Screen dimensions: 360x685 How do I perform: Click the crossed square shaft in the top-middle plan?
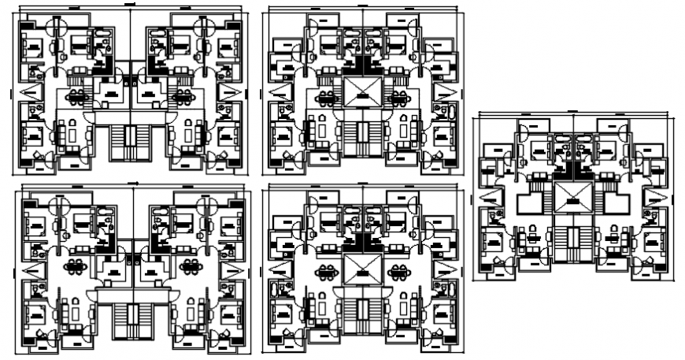pyautogui.click(x=362, y=91)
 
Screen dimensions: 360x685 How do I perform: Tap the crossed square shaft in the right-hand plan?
pyautogui.click(x=574, y=198)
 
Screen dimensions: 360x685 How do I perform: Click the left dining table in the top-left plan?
pyautogui.click(x=77, y=97)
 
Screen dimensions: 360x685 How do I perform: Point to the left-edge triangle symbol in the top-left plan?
pyautogui.click(x=33, y=94)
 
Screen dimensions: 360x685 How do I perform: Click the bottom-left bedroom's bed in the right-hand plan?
pyautogui.click(x=496, y=241)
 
